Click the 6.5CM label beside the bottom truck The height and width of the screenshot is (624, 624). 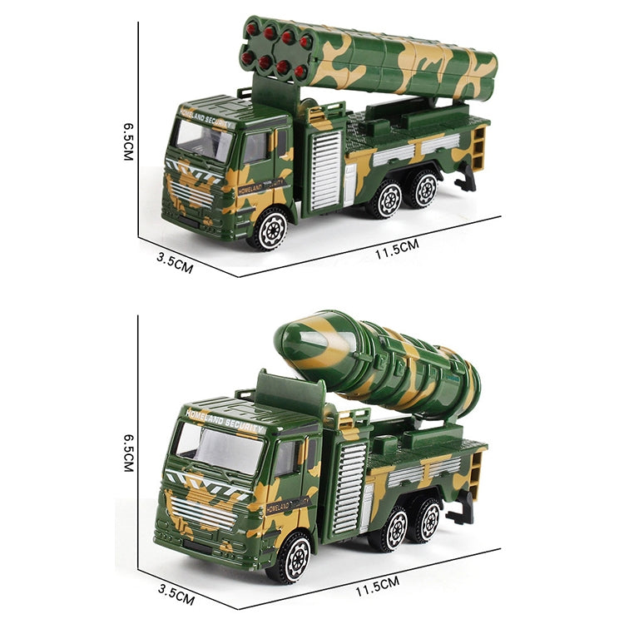pos(128,452)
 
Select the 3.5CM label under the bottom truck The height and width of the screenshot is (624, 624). pos(177,594)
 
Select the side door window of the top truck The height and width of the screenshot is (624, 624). pos(255,148)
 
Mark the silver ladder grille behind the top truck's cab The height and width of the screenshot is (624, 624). pos(324,171)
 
